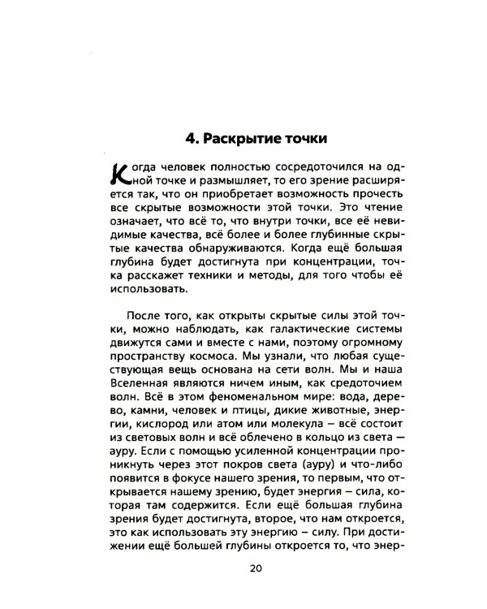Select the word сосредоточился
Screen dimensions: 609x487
click(x=287, y=166)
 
